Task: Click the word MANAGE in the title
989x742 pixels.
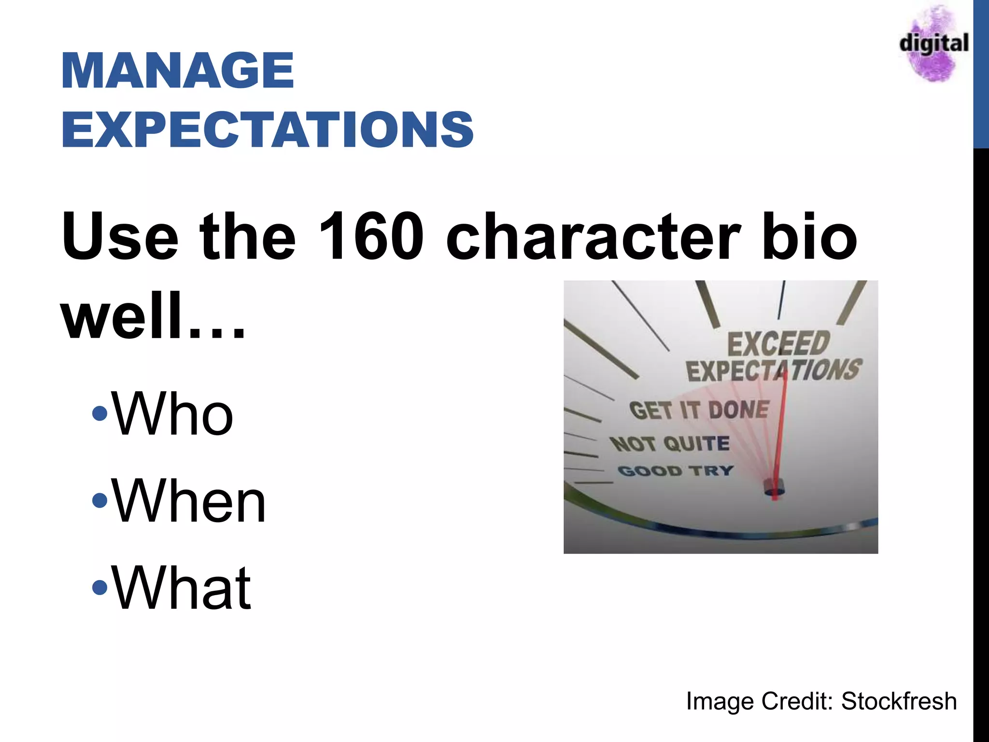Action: tap(177, 71)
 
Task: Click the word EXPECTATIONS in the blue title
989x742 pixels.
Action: tap(267, 129)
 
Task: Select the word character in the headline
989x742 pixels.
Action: tap(593, 237)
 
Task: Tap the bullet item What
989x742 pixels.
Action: tap(181, 588)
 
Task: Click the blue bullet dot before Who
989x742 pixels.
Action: tap(99, 414)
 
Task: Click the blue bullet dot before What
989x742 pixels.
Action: tap(99, 587)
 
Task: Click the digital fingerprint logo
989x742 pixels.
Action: tap(933, 43)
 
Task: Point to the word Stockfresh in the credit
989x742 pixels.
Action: tap(899, 701)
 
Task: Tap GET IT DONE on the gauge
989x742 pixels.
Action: tap(699, 410)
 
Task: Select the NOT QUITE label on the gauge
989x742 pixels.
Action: tap(669, 443)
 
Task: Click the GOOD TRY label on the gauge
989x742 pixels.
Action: tap(675, 470)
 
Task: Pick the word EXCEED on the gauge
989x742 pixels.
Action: tap(778, 343)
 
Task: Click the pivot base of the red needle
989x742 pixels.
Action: tap(774, 489)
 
